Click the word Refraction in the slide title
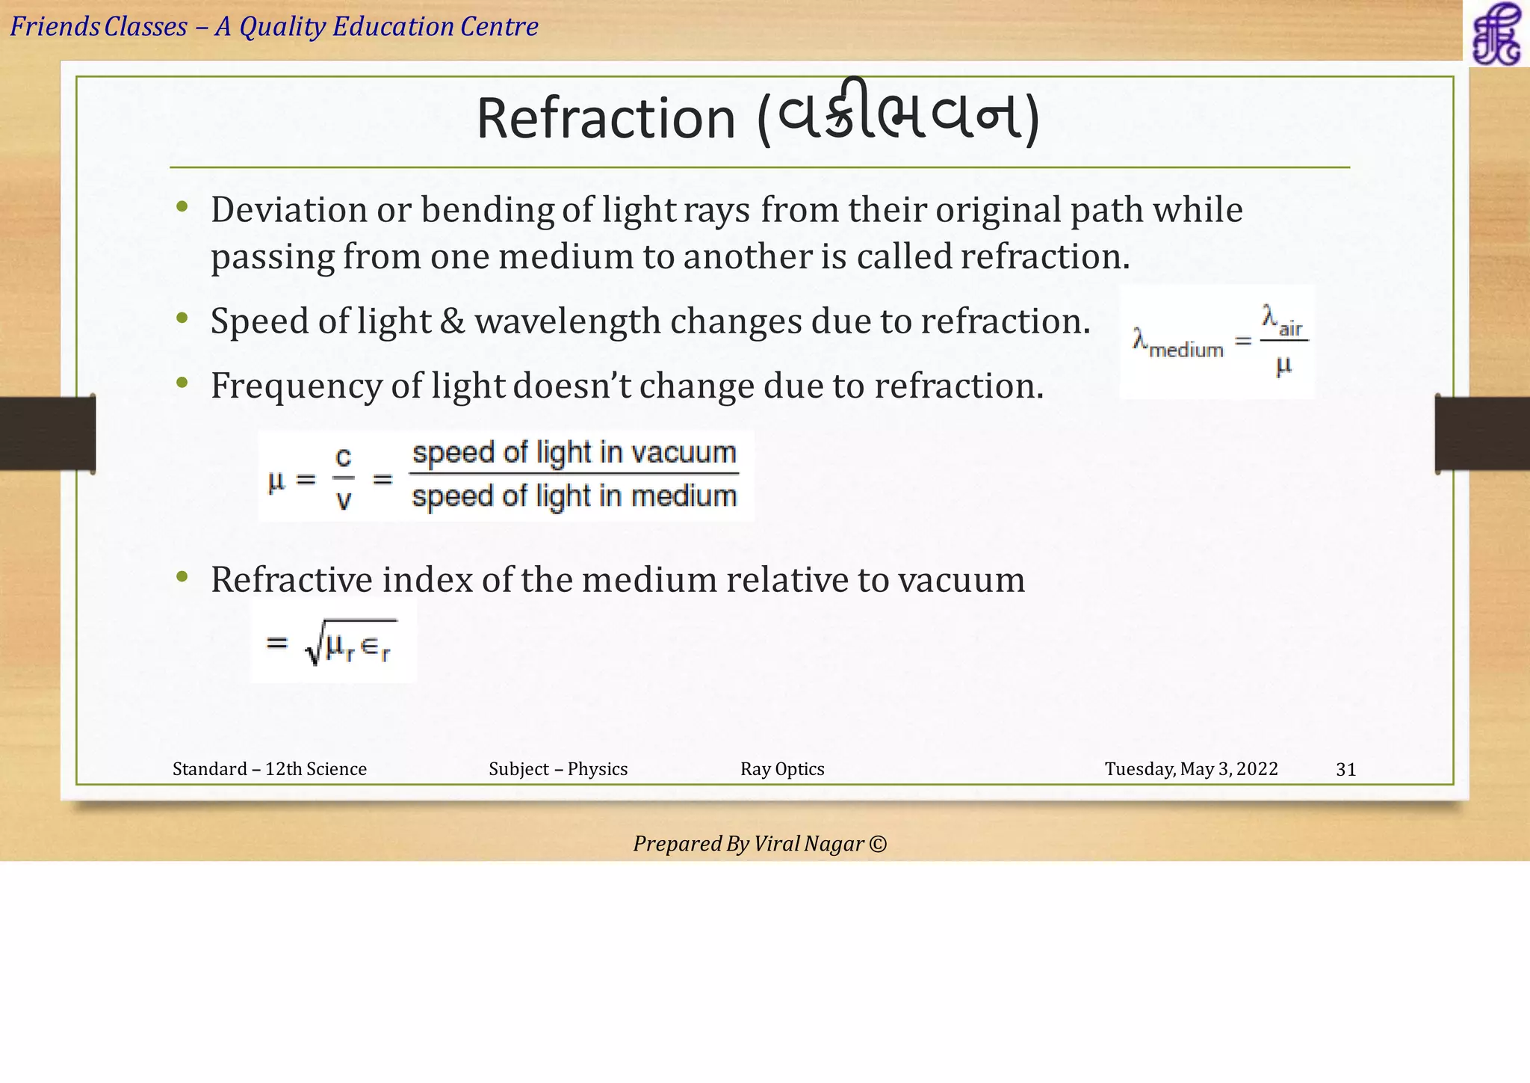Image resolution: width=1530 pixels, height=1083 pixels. pyautogui.click(x=606, y=119)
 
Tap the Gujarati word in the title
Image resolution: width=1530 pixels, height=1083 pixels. pyautogui.click(x=899, y=115)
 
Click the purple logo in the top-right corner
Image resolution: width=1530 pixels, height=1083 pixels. pyautogui.click(x=1496, y=33)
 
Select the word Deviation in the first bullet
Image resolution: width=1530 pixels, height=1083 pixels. pyautogui.click(x=289, y=209)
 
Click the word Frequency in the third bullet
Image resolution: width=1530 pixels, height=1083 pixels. pyautogui.click(x=296, y=386)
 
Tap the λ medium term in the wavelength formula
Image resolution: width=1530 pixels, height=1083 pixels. pyautogui.click(x=1178, y=345)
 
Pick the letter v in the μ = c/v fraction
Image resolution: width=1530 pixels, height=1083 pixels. pyautogui.click(x=343, y=499)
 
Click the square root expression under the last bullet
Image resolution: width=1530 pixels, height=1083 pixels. pyautogui.click(x=350, y=643)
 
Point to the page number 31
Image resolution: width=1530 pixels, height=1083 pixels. pyautogui.click(x=1345, y=769)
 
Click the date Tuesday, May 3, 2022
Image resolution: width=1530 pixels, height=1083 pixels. pyautogui.click(x=1191, y=769)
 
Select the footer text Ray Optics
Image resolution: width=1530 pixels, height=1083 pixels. pyautogui.click(x=782, y=769)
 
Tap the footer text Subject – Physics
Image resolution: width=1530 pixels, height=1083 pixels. pyautogui.click(x=558, y=769)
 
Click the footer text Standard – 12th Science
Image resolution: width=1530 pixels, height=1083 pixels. pyautogui.click(x=270, y=769)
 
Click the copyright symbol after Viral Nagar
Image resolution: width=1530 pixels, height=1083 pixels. pyautogui.click(x=879, y=844)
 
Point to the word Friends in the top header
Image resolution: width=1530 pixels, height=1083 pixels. pyautogui.click(x=55, y=27)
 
